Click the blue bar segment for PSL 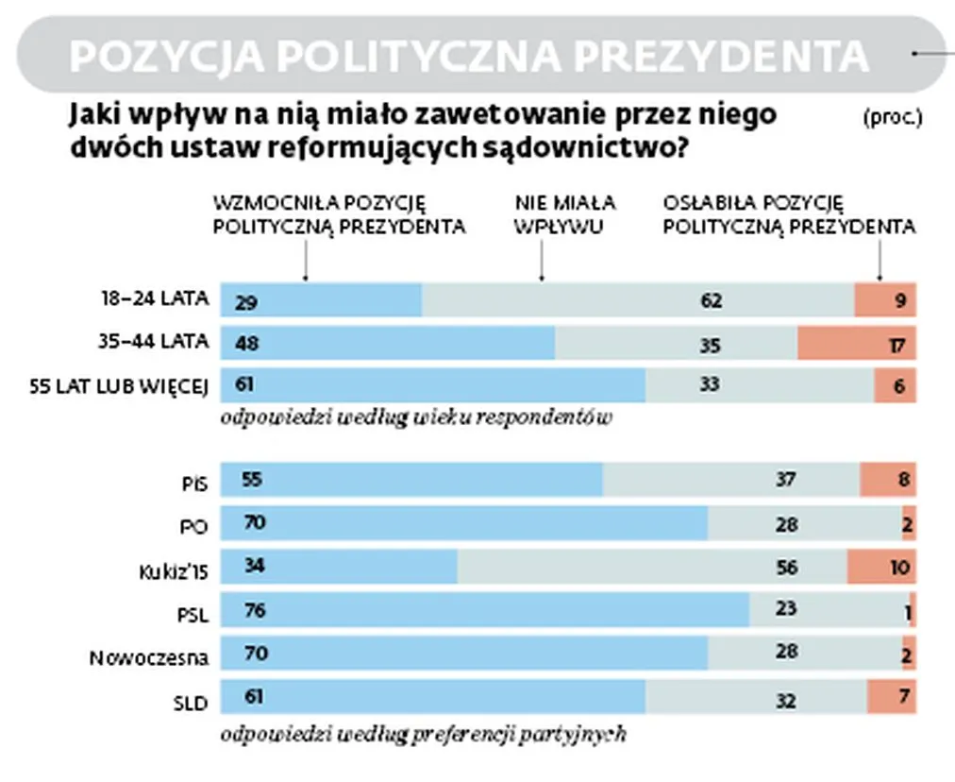(x=485, y=610)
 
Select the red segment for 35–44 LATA (x=856, y=343)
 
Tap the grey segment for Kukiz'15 (x=652, y=568)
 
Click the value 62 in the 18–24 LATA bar (x=711, y=301)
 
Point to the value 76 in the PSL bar (x=254, y=611)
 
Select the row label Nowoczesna (x=148, y=658)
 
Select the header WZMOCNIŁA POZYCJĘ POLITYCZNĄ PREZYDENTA (x=339, y=214)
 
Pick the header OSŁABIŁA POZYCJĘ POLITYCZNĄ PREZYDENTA (x=789, y=214)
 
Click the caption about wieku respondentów (x=415, y=417)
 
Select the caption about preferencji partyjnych (x=422, y=734)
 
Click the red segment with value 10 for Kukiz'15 (x=881, y=568)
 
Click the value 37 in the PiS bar (x=783, y=481)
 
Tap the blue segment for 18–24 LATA (x=321, y=299)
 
